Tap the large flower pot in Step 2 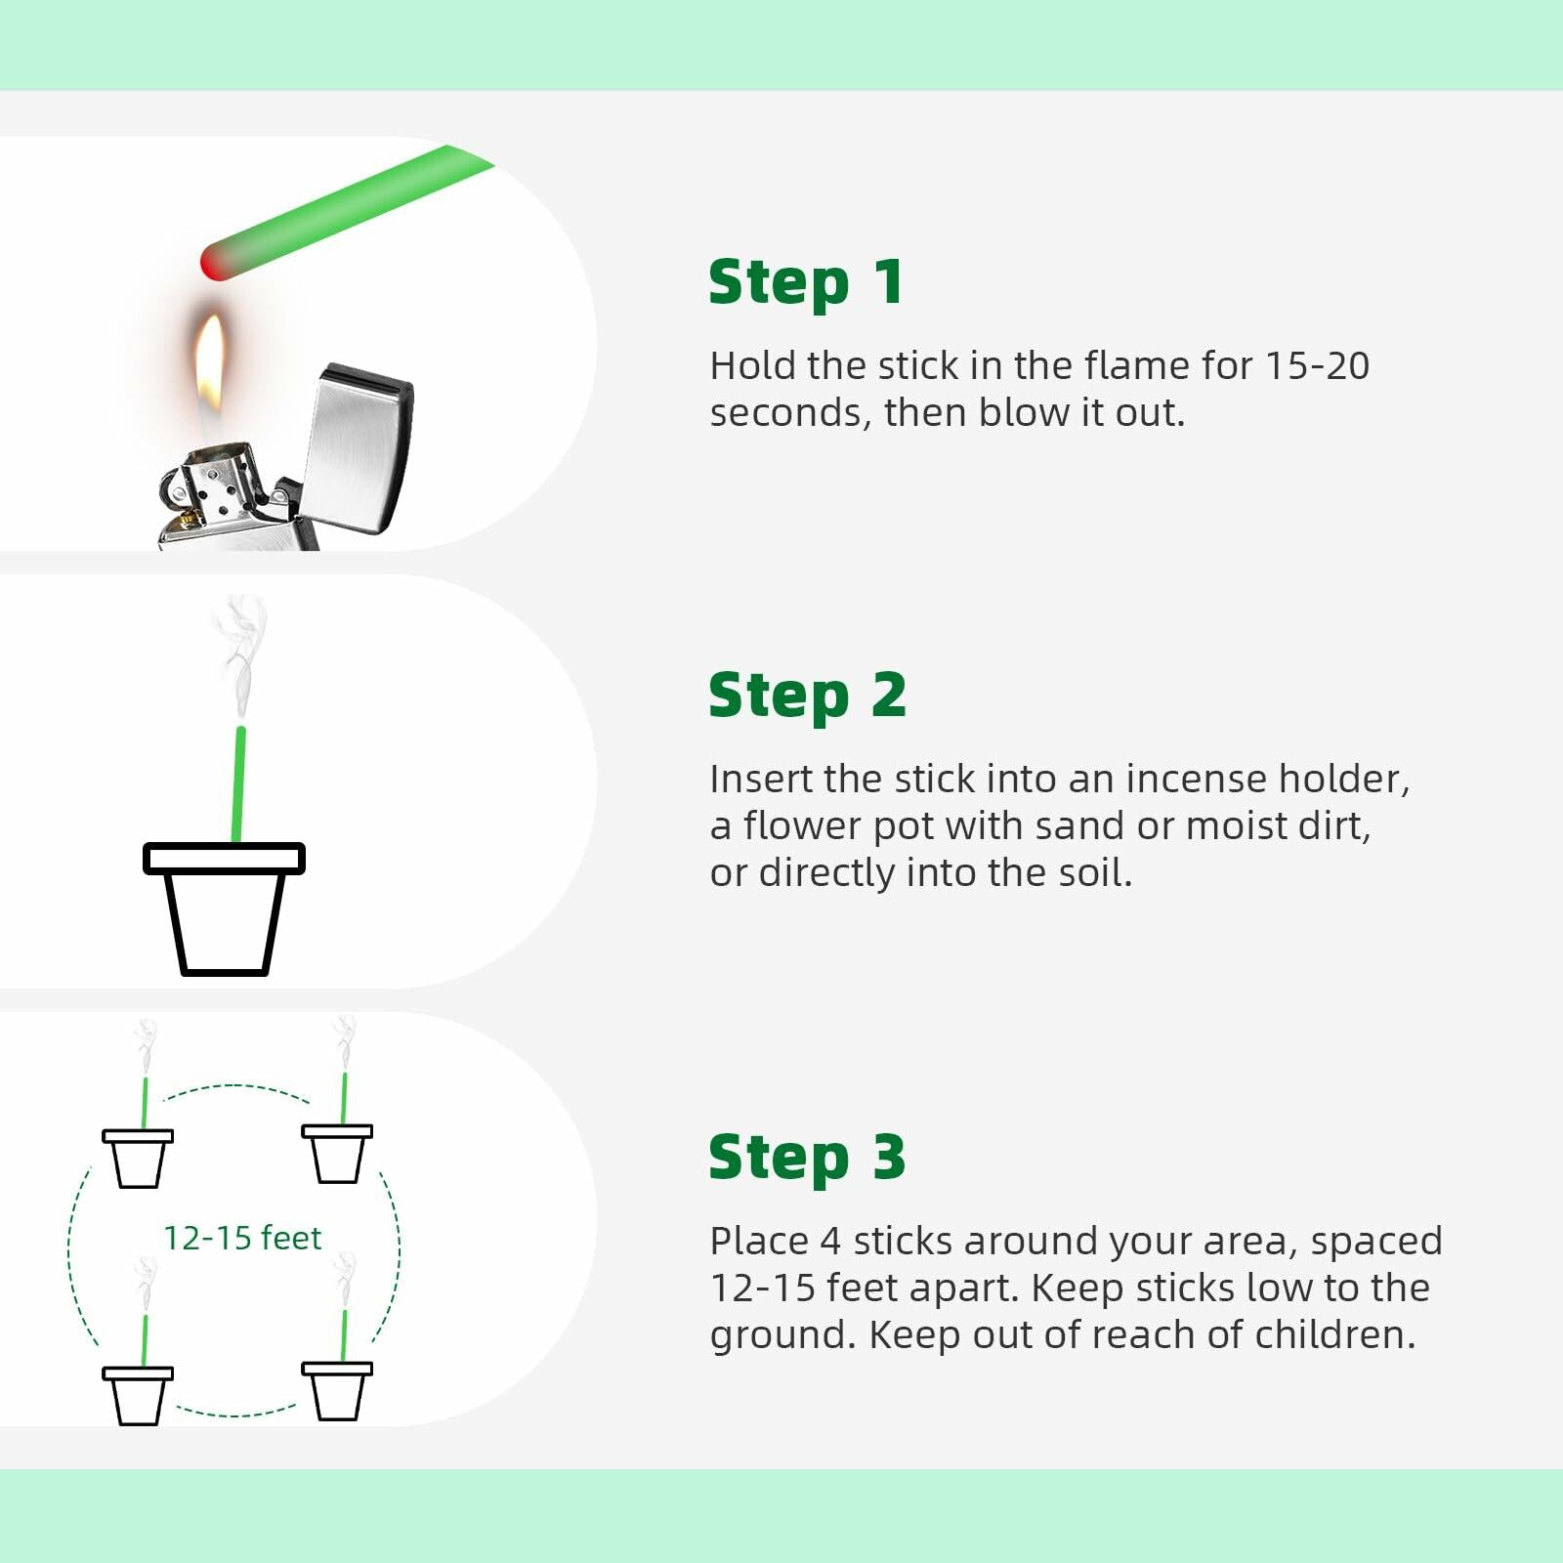point(224,908)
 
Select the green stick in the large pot point(238,784)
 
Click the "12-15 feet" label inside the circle point(242,1238)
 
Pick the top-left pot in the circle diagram point(138,1159)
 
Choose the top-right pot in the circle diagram point(337,1154)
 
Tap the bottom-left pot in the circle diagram point(138,1396)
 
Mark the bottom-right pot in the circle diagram point(337,1391)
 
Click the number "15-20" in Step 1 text point(1317,366)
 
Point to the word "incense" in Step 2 point(1197,780)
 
